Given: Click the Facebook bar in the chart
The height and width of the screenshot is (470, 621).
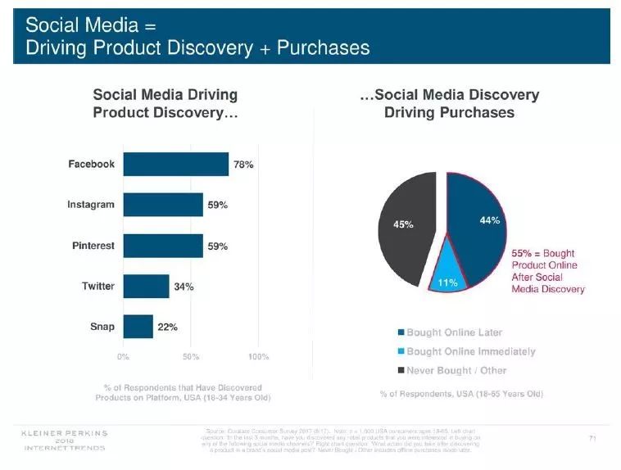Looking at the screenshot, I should click(175, 164).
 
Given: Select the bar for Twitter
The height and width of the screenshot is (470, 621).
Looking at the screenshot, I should click(146, 287).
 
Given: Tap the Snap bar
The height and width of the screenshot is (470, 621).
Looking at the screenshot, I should click(138, 327).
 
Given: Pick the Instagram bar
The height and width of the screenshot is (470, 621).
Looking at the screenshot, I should click(163, 205).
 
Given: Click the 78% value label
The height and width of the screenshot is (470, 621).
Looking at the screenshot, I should click(243, 165).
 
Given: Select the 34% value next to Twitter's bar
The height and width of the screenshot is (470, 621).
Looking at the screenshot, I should click(183, 287).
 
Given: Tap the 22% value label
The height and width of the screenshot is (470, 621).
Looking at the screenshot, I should click(167, 328).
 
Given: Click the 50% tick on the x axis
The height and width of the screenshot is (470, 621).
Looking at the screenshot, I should click(190, 357).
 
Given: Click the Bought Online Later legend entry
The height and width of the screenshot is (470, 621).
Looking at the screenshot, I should click(454, 333).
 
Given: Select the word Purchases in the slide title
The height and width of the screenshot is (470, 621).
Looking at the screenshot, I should click(323, 48).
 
